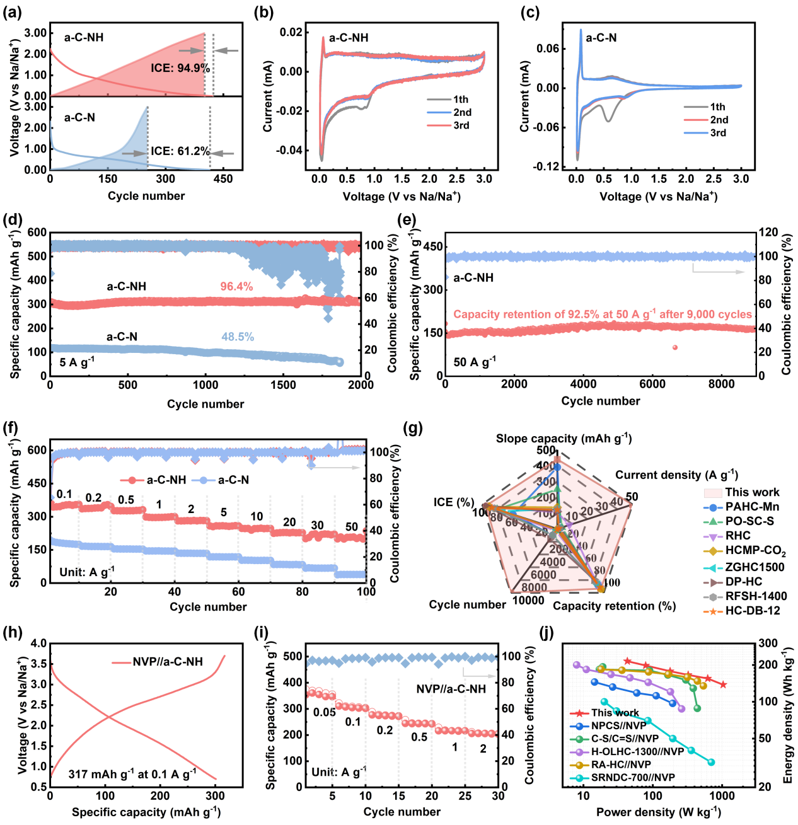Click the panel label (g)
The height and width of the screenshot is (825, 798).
tap(413, 429)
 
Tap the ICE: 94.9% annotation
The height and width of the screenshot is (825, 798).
tap(180, 67)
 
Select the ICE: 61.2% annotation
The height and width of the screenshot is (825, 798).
tap(180, 151)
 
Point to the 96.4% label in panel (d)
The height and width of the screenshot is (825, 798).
tap(236, 287)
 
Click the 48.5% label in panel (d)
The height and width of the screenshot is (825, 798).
tap(238, 337)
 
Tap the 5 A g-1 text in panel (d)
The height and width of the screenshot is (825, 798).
tap(77, 362)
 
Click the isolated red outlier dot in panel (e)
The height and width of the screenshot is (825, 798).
tap(675, 347)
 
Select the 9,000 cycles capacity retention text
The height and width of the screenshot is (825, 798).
tap(602, 314)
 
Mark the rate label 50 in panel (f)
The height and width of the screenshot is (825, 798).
tap(352, 526)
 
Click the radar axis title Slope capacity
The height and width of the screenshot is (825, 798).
tap(564, 439)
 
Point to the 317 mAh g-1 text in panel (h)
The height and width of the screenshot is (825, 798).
tap(132, 774)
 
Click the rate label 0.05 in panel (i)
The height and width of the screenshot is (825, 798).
tap(325, 712)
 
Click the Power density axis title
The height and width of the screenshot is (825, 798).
tap(658, 812)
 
